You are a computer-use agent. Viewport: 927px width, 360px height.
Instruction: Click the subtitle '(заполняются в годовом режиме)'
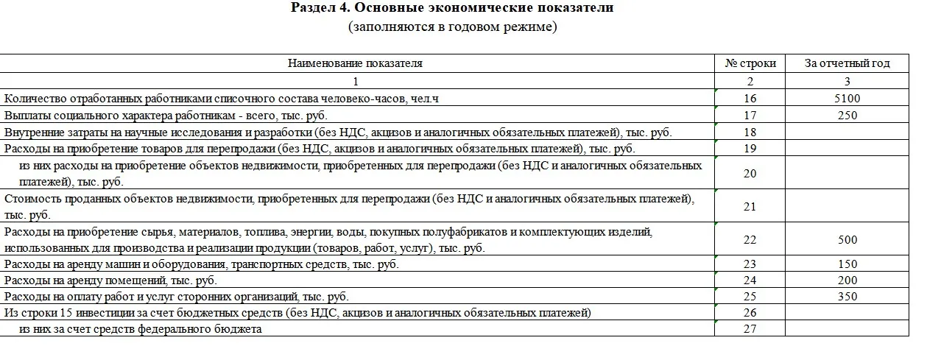coord(453,27)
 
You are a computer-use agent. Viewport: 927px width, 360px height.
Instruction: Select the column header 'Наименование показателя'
coord(355,63)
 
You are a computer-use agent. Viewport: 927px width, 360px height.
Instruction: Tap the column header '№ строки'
coord(750,63)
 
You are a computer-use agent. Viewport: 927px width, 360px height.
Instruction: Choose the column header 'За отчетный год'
coord(847,63)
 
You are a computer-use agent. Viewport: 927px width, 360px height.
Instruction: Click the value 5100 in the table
coord(847,99)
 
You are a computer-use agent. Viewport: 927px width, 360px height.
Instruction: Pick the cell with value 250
coord(847,116)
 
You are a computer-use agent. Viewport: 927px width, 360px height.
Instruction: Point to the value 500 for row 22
coord(847,240)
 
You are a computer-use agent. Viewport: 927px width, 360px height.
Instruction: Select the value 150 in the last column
coord(847,264)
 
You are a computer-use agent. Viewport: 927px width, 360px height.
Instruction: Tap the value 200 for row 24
coord(847,280)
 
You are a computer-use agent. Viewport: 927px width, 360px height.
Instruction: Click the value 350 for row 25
coord(847,297)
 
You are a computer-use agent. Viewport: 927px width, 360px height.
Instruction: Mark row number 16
coord(750,99)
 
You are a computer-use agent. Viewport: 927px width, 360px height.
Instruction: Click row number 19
coord(750,149)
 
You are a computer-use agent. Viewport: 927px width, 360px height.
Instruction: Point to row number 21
coord(750,207)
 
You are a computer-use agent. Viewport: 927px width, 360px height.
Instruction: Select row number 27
coord(750,329)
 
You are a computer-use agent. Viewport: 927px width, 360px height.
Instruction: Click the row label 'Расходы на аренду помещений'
coord(110,280)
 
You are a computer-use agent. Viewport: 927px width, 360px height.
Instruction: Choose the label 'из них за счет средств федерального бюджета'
coord(141,329)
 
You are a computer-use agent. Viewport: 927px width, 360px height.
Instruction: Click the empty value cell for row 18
coord(847,133)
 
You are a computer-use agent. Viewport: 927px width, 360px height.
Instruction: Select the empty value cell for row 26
coord(847,313)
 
